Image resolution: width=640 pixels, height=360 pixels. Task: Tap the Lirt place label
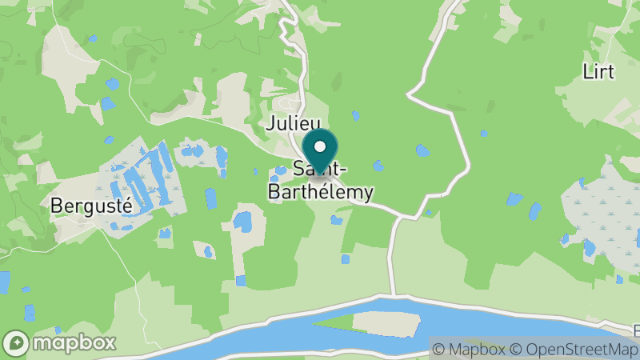tap(598, 71)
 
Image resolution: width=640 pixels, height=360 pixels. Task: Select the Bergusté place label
tap(90, 205)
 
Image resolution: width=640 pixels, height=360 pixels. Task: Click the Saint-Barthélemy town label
tap(320, 182)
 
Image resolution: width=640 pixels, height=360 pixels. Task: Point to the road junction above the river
tap(398, 218)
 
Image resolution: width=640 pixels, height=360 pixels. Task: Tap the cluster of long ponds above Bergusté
tap(144, 180)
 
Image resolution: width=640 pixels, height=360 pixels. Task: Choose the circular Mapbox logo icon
tap(16, 342)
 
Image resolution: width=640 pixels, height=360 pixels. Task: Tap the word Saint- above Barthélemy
tap(320, 170)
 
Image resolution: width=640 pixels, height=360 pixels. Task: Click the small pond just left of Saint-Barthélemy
tap(280, 170)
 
